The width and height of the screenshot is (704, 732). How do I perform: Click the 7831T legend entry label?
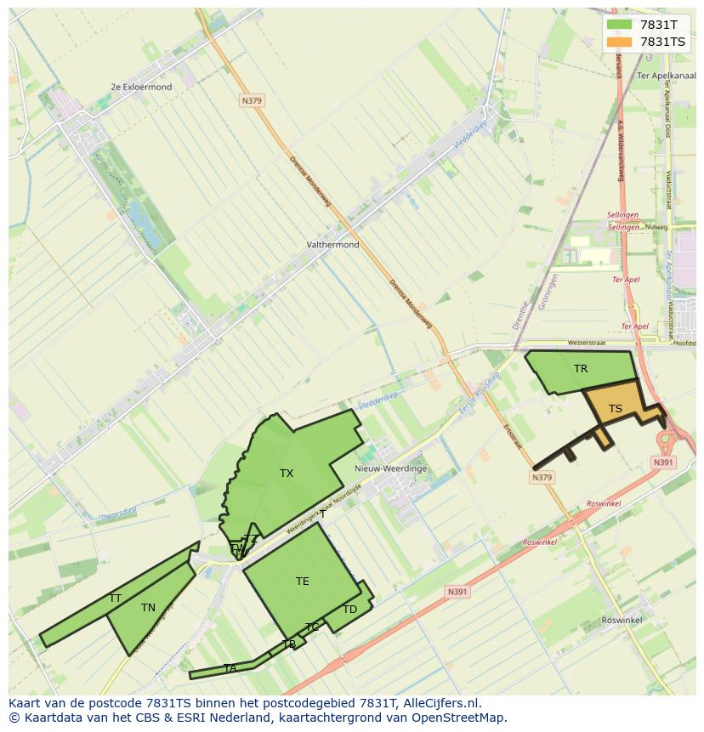[658, 25]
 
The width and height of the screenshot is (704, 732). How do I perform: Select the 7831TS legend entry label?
[662, 42]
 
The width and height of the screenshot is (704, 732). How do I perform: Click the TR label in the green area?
[581, 369]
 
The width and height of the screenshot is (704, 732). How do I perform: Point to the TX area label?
[287, 474]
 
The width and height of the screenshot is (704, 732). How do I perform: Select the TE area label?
[303, 582]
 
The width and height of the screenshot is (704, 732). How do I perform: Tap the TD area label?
[349, 610]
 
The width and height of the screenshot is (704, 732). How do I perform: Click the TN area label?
[148, 608]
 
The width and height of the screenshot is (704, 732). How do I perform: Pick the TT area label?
[115, 599]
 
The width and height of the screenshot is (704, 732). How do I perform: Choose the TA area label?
[230, 668]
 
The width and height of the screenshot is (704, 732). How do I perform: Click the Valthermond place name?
[332, 245]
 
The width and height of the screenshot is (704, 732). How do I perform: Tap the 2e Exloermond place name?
[141, 87]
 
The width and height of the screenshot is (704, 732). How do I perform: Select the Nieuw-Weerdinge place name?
[390, 468]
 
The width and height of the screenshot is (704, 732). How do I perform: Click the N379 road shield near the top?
[252, 100]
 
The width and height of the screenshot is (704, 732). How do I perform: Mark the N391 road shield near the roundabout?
[663, 462]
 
